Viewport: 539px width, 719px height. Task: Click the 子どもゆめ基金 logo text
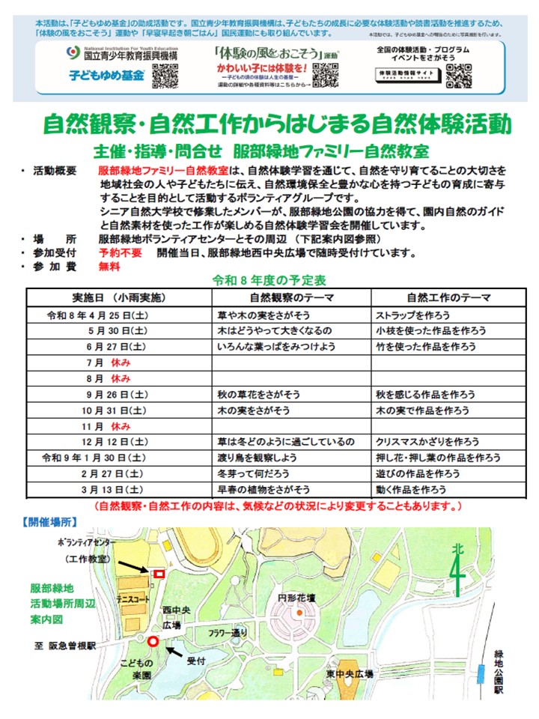point(107,76)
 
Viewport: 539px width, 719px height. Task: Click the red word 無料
point(109,266)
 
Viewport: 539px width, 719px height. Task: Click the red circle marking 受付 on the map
point(153,641)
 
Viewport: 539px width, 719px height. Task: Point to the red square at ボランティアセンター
point(159,574)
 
